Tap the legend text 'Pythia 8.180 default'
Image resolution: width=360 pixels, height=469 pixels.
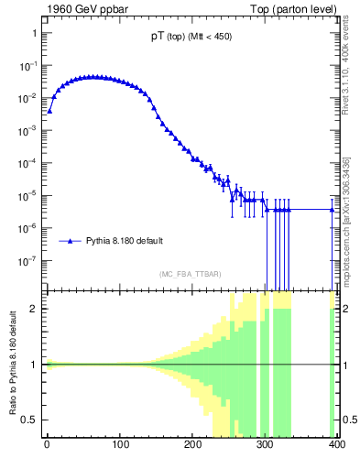125,241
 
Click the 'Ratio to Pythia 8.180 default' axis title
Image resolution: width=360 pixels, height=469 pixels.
12,365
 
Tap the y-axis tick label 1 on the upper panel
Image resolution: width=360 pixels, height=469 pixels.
33,33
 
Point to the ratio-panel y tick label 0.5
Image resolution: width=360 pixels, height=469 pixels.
30,420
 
